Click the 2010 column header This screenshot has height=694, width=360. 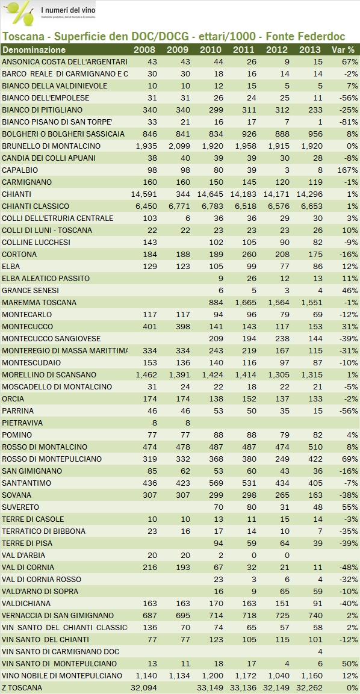click(x=210, y=49)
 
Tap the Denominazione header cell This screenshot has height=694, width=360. click(x=34, y=49)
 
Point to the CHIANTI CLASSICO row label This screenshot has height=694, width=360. click(x=36, y=206)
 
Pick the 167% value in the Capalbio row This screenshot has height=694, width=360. click(x=346, y=170)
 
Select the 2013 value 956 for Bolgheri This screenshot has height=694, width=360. click(x=313, y=134)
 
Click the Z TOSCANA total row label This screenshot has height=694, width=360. click(x=22, y=687)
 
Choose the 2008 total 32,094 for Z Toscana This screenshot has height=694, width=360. click(x=144, y=687)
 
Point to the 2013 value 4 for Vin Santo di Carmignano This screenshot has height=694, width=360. click(x=318, y=651)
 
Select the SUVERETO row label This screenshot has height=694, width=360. click(x=20, y=507)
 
